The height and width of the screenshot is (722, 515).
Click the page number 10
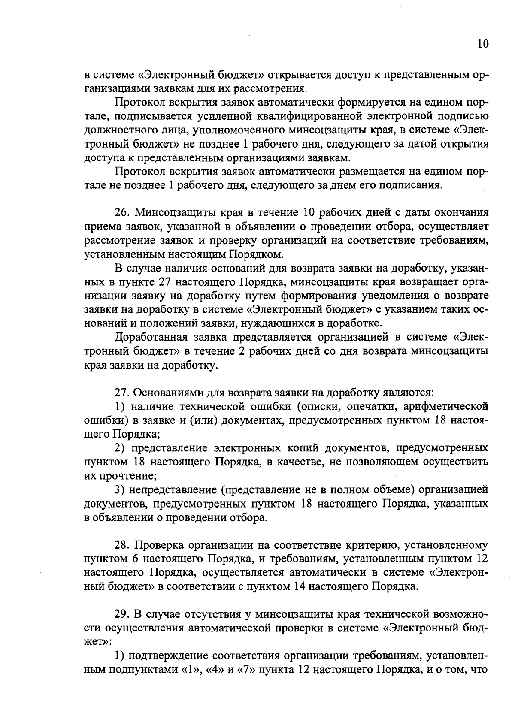click(x=482, y=45)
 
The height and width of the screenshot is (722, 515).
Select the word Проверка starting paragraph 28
click(x=158, y=545)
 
